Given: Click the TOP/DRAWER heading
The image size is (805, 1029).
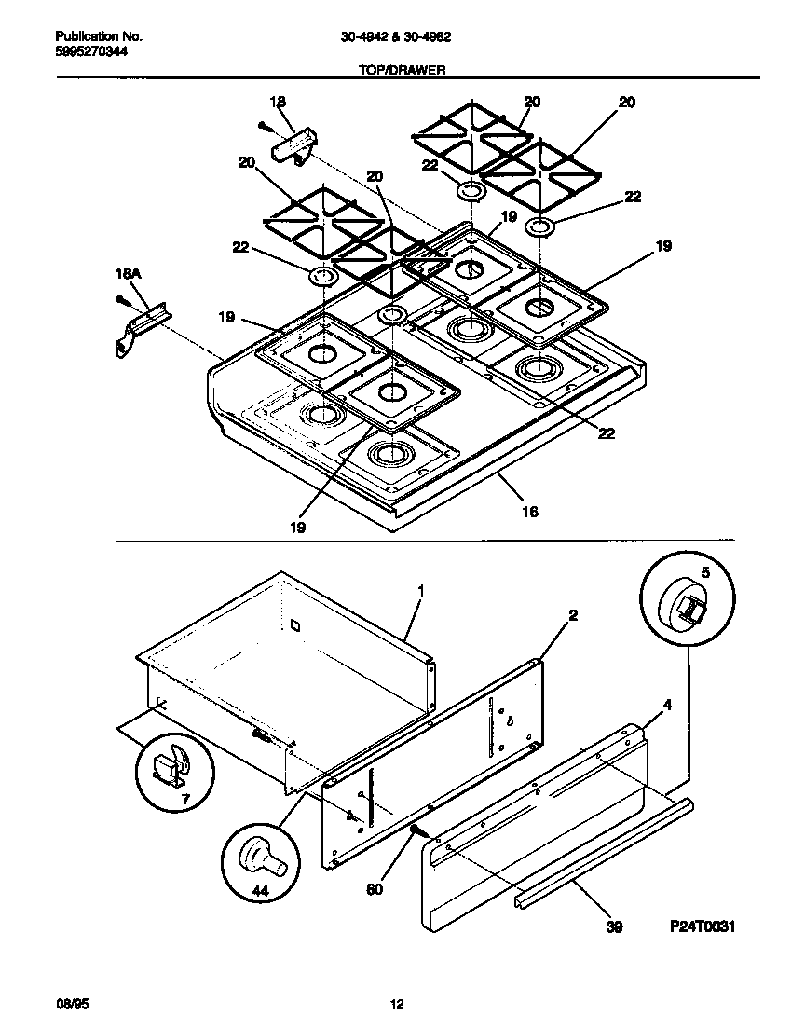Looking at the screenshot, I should (x=402, y=69).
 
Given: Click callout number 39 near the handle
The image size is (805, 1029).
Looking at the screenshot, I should (x=613, y=927).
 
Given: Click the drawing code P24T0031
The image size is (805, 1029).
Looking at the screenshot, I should (x=703, y=927).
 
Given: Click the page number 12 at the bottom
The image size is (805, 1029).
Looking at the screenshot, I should (x=397, y=1004).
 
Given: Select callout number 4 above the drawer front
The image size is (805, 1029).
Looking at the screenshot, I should (x=666, y=706).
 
